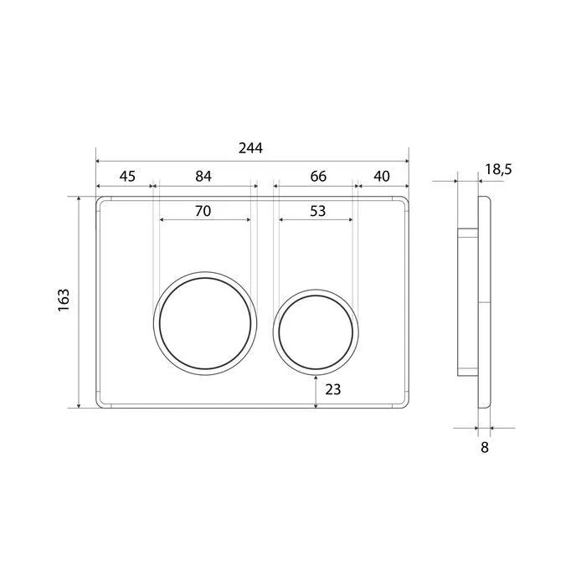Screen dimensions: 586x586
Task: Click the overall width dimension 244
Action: [x=250, y=148]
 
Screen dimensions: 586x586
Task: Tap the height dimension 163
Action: [x=64, y=300]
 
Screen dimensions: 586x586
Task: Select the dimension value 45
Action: [x=127, y=176]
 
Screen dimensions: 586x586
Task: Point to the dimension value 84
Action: [x=203, y=176]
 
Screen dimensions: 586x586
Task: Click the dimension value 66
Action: [x=318, y=176]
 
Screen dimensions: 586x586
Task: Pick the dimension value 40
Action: [x=382, y=176]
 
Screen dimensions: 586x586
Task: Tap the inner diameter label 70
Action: [x=203, y=211]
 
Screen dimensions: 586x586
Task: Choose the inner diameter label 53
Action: [x=317, y=211]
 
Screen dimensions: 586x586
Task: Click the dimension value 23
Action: [x=333, y=389]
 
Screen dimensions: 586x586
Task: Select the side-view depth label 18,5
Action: [x=498, y=169]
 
